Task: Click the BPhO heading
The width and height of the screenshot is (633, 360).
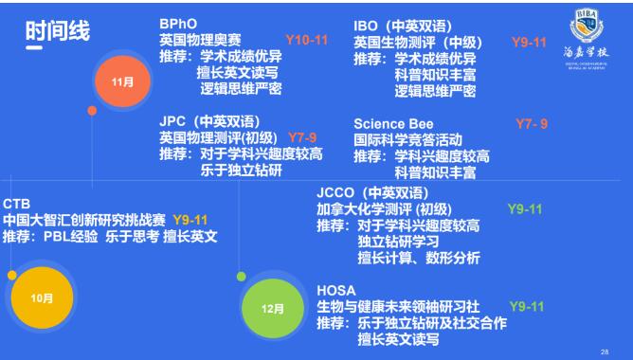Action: coord(177,23)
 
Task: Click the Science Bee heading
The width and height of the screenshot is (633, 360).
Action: coord(392,124)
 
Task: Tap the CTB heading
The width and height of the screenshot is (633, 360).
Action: coord(17,204)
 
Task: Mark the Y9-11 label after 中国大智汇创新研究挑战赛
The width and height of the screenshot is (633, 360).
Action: coord(190,220)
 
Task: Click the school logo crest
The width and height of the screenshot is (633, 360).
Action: coord(584,27)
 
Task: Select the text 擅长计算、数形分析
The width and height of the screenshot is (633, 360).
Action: coord(418,258)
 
